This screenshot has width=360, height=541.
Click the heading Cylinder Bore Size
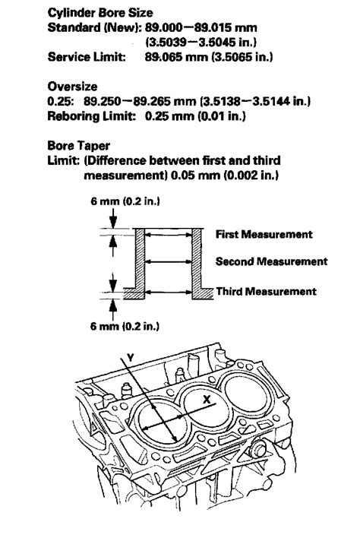pos(100,13)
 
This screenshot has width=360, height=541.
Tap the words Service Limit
pos(87,56)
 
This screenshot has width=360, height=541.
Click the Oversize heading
pos(72,87)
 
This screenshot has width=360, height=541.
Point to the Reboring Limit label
pos(92,116)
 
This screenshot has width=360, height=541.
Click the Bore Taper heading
pos(79,146)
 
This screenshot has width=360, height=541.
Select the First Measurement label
pos(264,234)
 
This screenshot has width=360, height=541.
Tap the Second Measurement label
pos(271,261)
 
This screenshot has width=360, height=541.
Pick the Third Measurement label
pos(267,292)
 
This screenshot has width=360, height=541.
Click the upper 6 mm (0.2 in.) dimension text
pos(125,201)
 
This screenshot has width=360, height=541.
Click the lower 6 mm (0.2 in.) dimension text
pos(125,326)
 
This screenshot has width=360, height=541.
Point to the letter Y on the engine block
pos(130,358)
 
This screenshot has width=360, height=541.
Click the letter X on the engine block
pos(207,400)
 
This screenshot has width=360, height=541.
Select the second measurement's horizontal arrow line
pos(169,262)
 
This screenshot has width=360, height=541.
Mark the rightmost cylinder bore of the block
pos(245,394)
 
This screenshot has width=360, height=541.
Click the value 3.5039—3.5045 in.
pos(201,42)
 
